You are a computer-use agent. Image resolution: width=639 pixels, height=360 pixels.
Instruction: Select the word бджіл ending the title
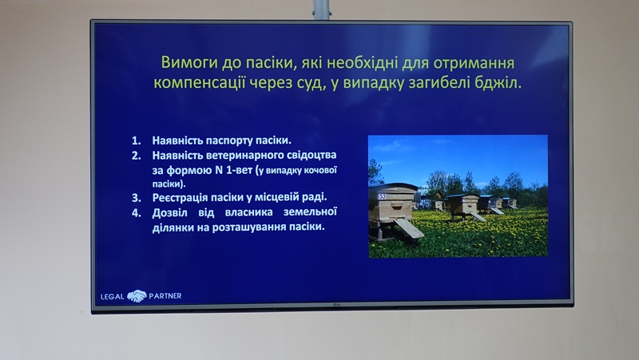point(498,83)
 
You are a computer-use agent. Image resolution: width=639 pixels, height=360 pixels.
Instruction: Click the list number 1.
point(136,140)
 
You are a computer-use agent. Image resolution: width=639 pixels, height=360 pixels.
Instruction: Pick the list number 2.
point(136,156)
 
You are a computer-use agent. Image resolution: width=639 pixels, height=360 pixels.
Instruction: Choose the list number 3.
point(136,198)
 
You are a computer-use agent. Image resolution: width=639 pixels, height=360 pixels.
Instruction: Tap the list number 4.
point(136,213)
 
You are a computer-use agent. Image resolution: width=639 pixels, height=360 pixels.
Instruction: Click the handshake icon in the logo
point(137,295)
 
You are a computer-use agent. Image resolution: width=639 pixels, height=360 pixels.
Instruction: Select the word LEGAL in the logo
point(113,296)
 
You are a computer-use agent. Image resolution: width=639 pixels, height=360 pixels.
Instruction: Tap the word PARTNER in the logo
point(165,296)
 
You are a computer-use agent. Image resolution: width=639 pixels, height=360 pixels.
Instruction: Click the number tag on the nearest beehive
point(383,196)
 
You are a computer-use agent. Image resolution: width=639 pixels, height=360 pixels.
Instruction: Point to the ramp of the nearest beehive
point(409,228)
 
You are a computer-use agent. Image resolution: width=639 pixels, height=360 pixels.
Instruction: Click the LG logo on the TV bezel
point(336,305)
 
